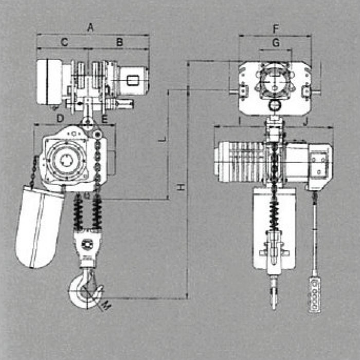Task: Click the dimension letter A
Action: (91, 28)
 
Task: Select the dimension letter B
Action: (120, 42)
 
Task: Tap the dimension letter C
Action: (64, 42)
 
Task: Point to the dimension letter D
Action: (60, 118)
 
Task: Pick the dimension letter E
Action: (104, 119)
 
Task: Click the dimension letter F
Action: (276, 29)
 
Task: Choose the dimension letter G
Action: (276, 43)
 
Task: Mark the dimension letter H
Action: (181, 187)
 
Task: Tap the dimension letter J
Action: (305, 122)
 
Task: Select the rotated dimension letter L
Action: (162, 139)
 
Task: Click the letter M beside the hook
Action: (106, 305)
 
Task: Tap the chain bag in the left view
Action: (39, 227)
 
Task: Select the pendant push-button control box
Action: (314, 294)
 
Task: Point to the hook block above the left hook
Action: (87, 247)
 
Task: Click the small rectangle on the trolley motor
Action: (133, 81)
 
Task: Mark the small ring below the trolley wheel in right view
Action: (275, 106)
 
